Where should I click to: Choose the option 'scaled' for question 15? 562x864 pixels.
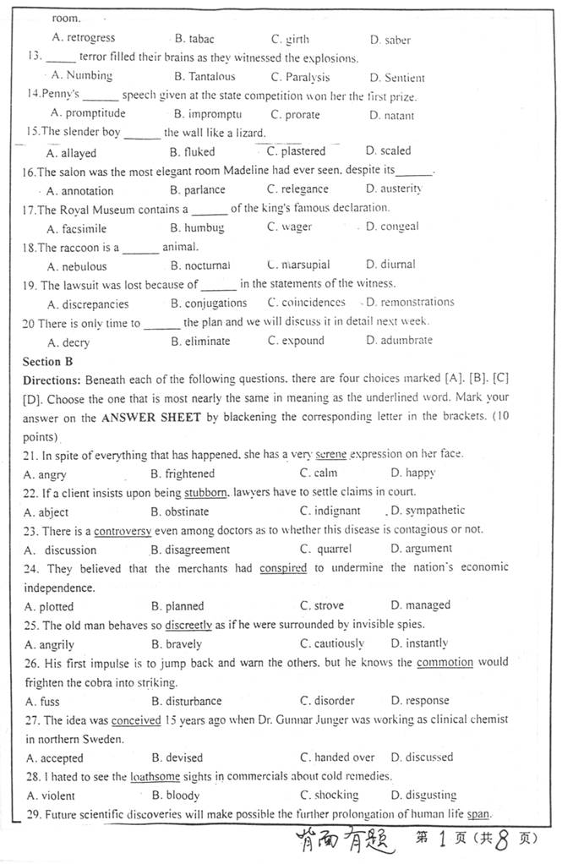tap(395, 151)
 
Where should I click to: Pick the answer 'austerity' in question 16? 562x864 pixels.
tap(401, 189)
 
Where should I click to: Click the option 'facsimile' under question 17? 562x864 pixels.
tap(88, 228)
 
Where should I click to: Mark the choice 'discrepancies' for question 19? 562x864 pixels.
tap(95, 303)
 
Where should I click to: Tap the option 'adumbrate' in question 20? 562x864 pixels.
tap(406, 341)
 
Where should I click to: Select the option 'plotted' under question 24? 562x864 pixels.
tap(57, 606)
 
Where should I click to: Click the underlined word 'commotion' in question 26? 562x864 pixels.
tap(445, 662)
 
